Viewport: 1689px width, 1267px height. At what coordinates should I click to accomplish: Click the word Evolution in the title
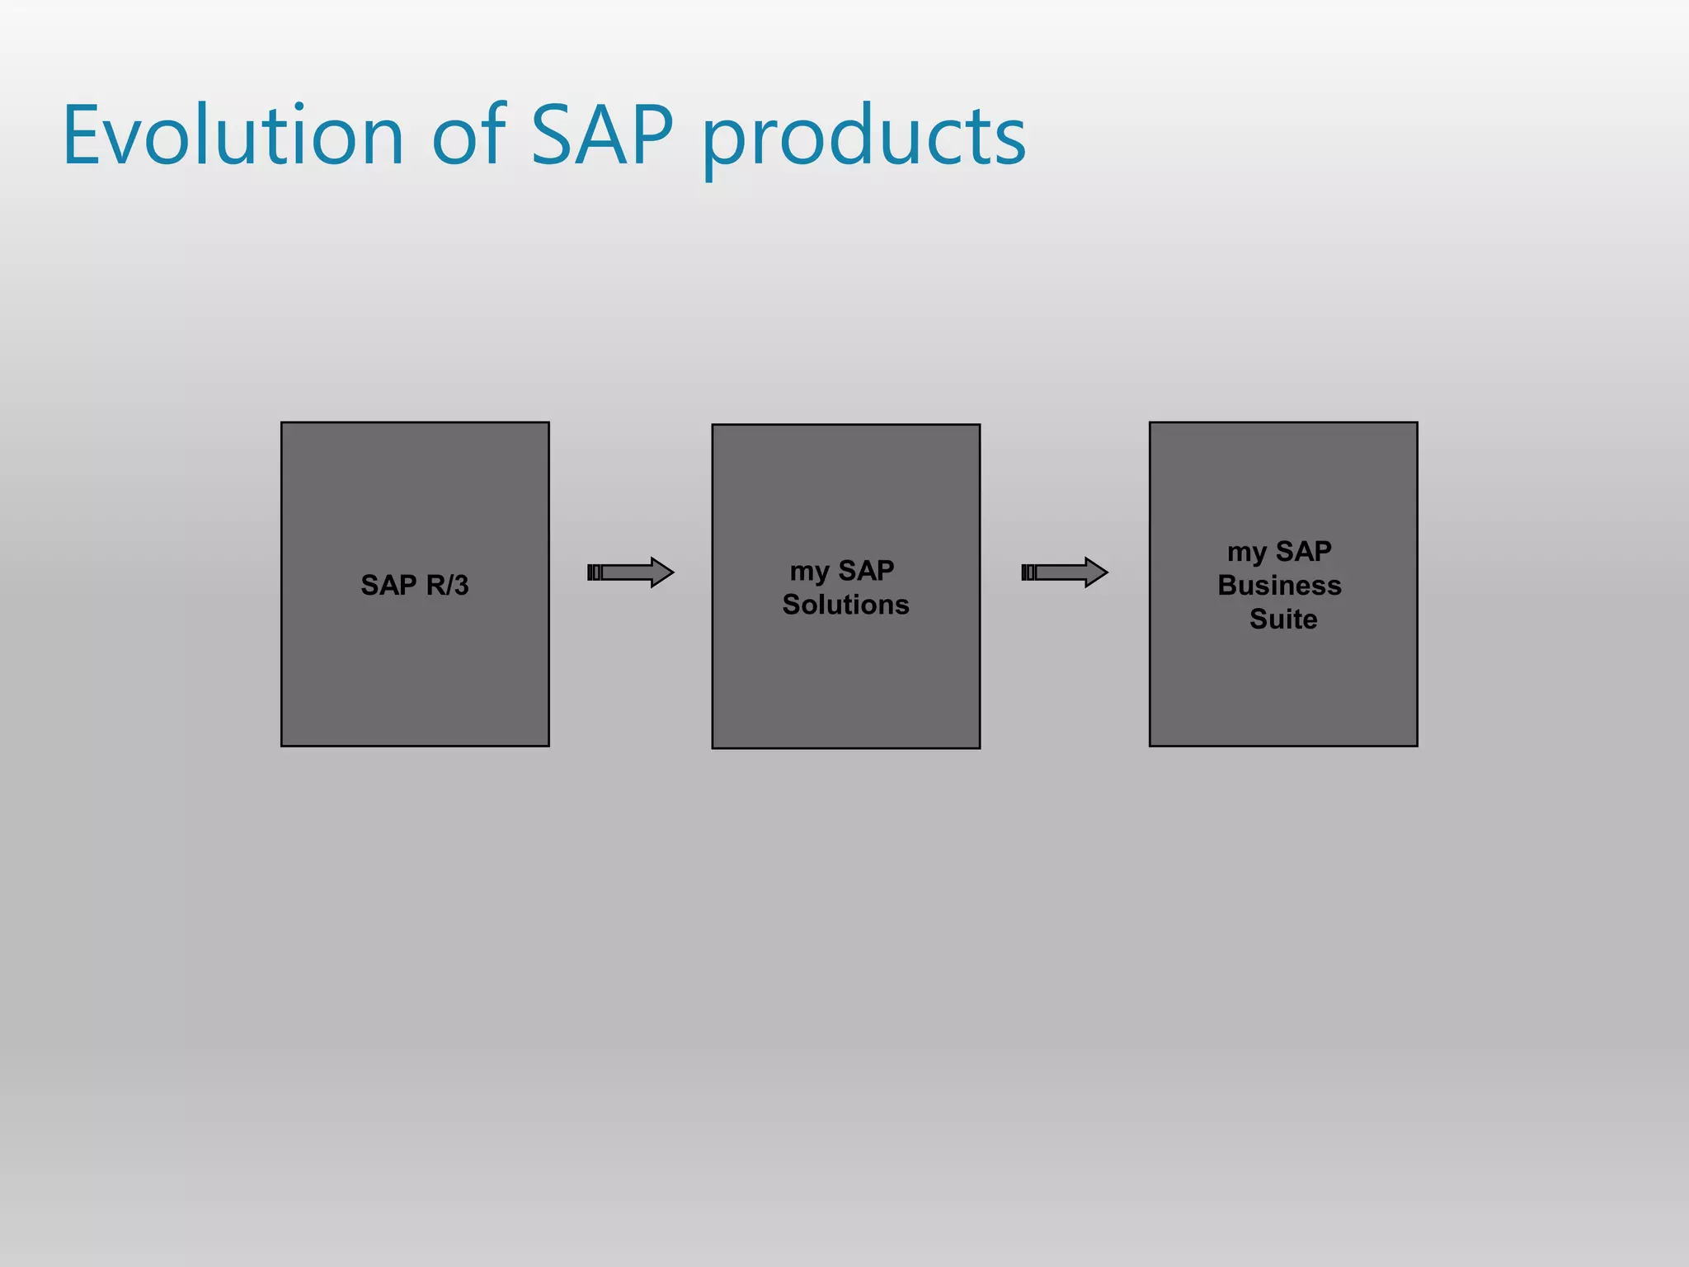pos(233,136)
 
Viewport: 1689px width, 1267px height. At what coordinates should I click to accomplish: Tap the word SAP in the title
pos(601,136)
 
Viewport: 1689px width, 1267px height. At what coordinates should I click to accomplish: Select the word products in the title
pos(863,139)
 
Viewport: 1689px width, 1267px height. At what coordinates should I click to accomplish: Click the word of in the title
pos(468,136)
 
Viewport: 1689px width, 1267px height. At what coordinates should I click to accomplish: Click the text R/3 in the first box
pos(447,585)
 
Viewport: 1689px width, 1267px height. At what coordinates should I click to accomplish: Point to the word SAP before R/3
pos(388,585)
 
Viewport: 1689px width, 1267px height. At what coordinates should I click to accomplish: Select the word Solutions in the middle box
pos(845,605)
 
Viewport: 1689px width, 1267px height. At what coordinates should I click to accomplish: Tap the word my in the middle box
pos(809,572)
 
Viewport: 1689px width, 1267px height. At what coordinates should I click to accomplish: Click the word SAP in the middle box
pos(866,570)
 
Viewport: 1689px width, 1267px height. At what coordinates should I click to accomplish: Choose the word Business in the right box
pos(1279,585)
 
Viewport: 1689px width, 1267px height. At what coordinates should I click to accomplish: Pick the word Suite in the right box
pos(1283,619)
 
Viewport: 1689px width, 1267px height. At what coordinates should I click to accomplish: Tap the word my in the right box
pos(1246,552)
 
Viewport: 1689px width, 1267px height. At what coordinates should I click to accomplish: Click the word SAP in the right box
pos(1303,550)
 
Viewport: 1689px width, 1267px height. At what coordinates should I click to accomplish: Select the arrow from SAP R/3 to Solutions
pos(631,572)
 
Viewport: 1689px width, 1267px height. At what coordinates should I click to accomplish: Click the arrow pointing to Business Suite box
pos(1065,572)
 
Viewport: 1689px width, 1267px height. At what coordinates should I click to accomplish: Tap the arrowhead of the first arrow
pos(661,572)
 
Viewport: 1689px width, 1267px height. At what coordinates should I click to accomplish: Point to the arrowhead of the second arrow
pos(1095,572)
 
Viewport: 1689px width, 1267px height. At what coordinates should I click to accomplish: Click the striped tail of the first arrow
pos(595,572)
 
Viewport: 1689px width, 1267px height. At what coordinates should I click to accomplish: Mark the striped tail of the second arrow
pos(1028,572)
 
